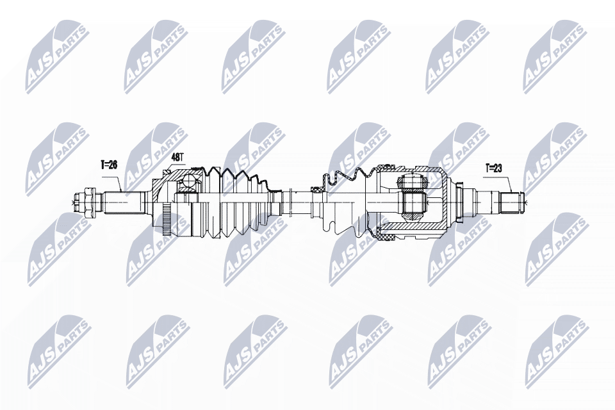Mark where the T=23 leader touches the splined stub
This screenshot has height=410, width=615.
click(512, 192)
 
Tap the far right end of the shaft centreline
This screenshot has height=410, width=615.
click(529, 202)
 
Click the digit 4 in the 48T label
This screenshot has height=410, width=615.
click(174, 158)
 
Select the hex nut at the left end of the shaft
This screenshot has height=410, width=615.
click(89, 202)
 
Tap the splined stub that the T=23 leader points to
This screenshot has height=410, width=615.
click(512, 202)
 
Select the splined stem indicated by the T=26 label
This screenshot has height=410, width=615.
click(123, 202)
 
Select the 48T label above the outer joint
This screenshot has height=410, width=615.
click(177, 158)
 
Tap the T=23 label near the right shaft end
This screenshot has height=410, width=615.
click(493, 168)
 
